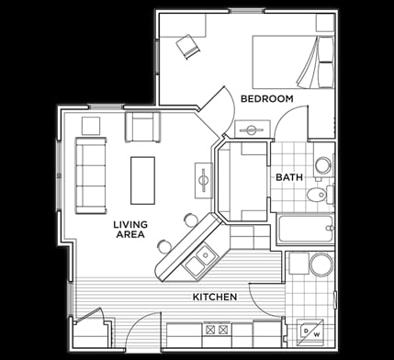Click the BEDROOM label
point(266,98)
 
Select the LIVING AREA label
point(131,231)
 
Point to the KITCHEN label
point(215,297)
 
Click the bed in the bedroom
point(293,61)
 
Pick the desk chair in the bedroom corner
point(190,46)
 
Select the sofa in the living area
point(90,174)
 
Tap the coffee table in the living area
point(142,180)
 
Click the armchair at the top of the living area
point(141,127)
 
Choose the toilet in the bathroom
point(317,194)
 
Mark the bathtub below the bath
point(306,229)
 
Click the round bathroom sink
point(322,165)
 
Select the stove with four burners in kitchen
point(217,329)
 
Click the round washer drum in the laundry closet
point(321,265)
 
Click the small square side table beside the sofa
point(91,125)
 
